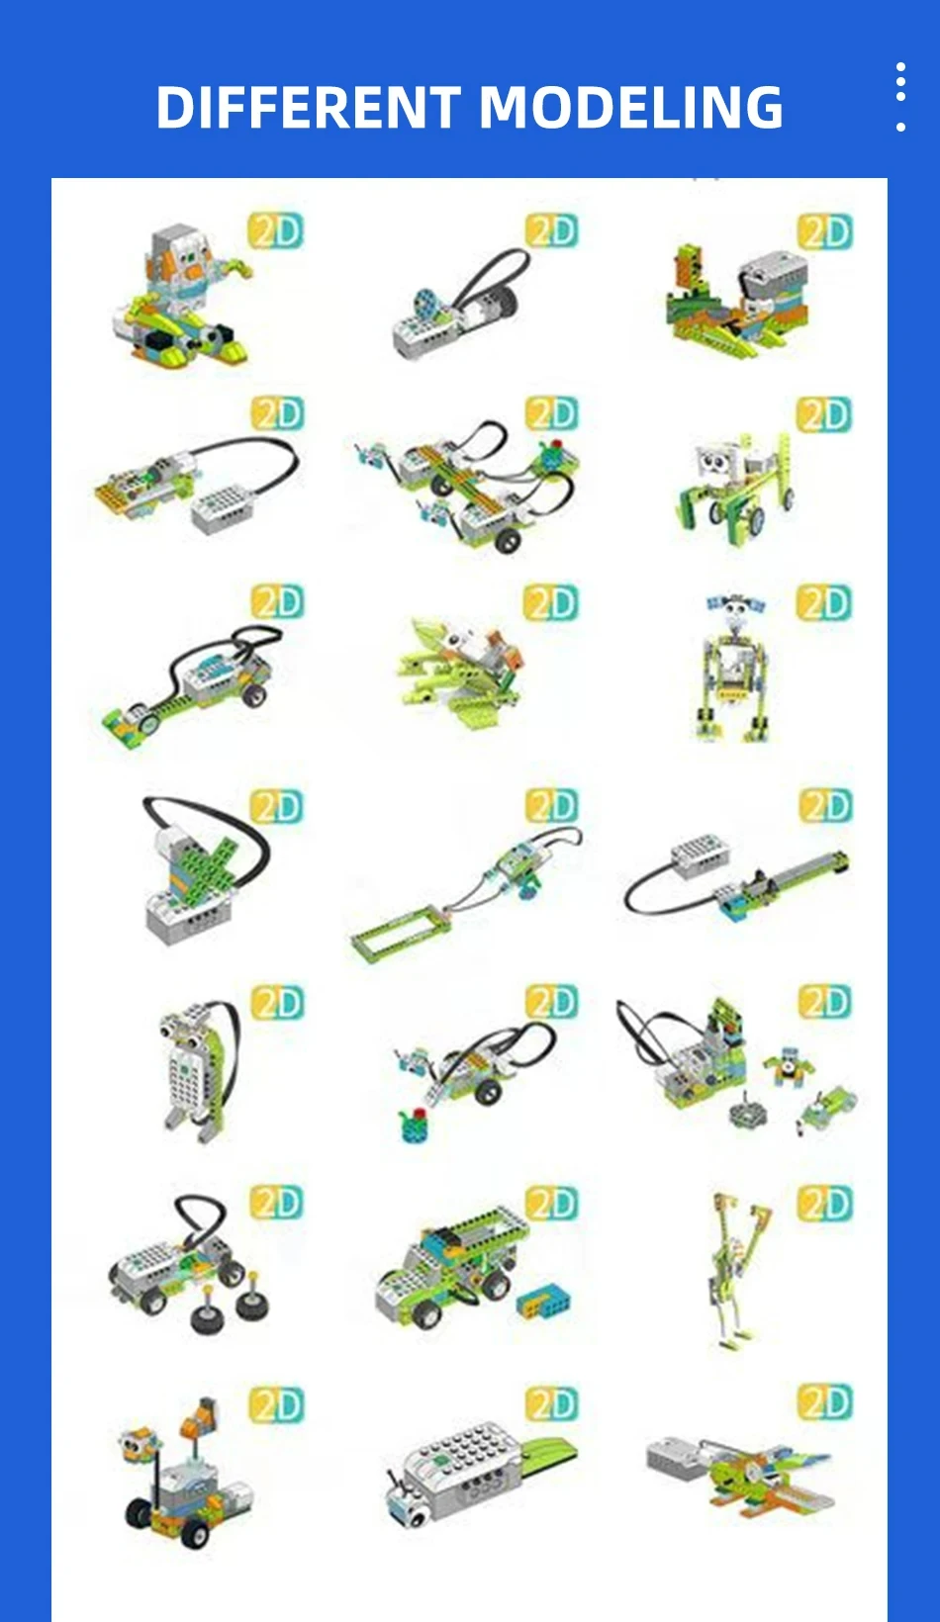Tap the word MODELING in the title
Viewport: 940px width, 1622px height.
633,108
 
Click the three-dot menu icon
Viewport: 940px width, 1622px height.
899,96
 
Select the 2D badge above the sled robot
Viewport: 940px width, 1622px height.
275,230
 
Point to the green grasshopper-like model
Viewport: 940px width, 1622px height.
460,663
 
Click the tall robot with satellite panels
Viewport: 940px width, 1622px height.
733,668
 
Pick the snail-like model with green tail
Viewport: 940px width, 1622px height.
475,1474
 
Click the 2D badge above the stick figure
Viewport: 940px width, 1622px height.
824,1203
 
